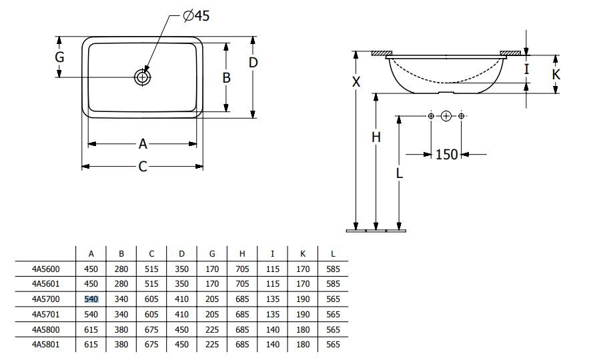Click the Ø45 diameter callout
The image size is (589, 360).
click(196, 16)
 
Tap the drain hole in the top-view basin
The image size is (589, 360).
click(142, 77)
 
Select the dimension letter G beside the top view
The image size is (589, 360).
click(59, 57)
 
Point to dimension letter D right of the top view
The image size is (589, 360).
click(253, 62)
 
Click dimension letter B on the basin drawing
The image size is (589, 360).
click(226, 78)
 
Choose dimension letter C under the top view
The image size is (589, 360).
click(143, 166)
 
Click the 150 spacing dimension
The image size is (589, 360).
click(446, 154)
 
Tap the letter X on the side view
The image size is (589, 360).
click(356, 81)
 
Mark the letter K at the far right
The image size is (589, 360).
click(556, 74)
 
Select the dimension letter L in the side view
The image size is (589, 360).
click(400, 173)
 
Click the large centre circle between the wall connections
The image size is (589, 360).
click(446, 116)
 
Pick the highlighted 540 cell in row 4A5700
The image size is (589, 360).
click(91, 299)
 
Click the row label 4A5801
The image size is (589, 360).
click(45, 344)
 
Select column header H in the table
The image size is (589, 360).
click(242, 254)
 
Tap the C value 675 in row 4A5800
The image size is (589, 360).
click(151, 329)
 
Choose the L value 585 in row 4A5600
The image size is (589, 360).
click(333, 269)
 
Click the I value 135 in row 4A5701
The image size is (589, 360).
click(272, 314)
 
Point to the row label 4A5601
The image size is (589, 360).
click(45, 284)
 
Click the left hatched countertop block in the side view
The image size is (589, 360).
click(382, 53)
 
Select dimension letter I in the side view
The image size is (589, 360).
click(527, 69)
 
